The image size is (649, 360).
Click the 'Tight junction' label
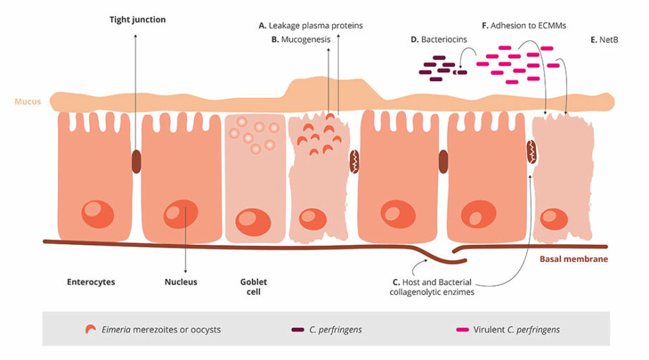tap(138, 20)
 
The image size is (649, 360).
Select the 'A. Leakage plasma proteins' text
tap(310, 25)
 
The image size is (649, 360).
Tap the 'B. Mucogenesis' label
tap(301, 40)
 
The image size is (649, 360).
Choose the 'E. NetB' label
tap(605, 40)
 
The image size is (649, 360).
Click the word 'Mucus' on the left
tap(25, 102)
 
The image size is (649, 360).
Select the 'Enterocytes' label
tap(90, 282)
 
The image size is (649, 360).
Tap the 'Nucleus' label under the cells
tap(181, 282)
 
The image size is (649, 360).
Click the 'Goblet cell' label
tap(253, 286)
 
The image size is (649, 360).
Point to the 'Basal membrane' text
tap(574, 259)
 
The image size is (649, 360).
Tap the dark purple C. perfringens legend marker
tap(297, 330)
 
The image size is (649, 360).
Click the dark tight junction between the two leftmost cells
tap(136, 162)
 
